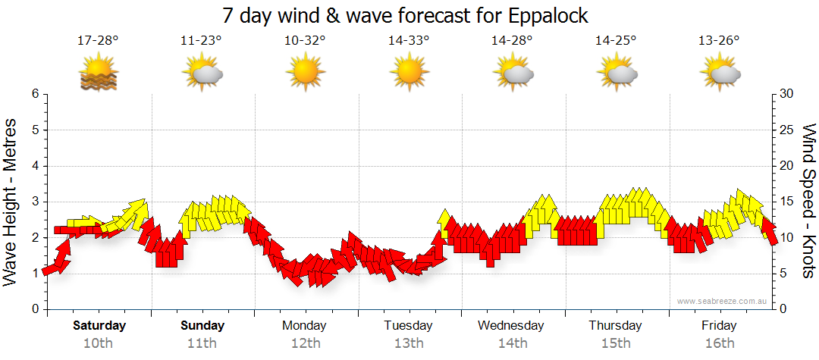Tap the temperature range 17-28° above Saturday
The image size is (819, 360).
(98, 41)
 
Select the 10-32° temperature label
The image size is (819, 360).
(305, 41)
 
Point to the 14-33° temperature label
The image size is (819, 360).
(409, 41)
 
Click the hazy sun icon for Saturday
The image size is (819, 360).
(99, 72)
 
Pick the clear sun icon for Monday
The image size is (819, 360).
(305, 72)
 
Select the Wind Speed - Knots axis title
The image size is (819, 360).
(808, 202)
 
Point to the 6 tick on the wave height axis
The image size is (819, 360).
(34, 94)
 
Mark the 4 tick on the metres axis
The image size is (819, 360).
(34, 166)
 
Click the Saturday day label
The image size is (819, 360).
(99, 326)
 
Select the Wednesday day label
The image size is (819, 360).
(511, 326)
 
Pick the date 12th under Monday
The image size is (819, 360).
(305, 343)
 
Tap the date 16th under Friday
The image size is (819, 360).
(719, 343)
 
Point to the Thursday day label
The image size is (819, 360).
(615, 326)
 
